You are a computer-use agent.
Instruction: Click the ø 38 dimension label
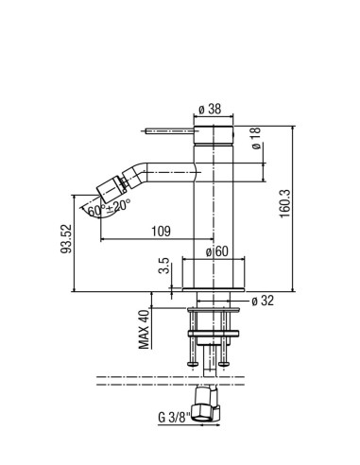coord(210,109)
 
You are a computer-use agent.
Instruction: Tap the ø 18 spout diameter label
coord(256,138)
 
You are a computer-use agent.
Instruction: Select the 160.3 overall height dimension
coord(284,203)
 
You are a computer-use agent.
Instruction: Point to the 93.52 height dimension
coord(66,238)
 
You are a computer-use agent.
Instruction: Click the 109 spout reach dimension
coord(161,232)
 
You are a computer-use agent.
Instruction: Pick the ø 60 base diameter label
coord(216,251)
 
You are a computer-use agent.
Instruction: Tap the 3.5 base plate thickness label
coord(164,266)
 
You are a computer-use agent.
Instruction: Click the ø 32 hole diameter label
coord(263,301)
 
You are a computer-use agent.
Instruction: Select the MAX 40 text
coord(144,330)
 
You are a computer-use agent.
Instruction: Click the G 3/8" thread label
coord(174,418)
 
